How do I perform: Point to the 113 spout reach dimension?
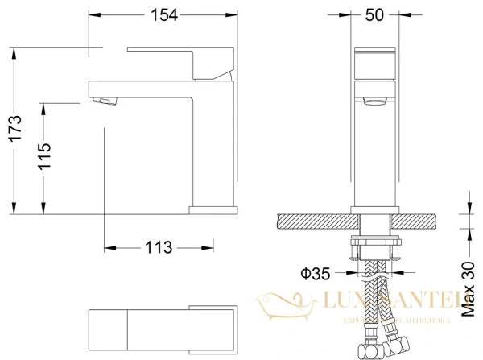159,248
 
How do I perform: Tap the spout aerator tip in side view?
105,101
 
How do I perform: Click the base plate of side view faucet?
213,211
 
